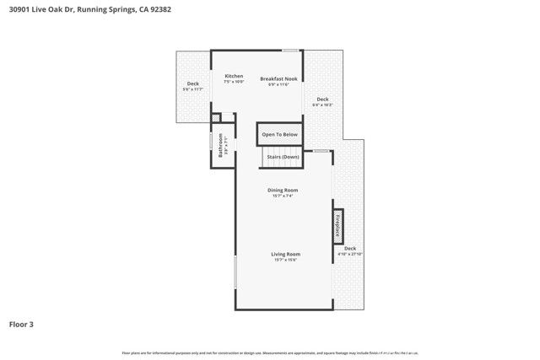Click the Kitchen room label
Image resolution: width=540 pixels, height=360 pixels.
click(x=234, y=77)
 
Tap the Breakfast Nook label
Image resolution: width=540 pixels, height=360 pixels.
click(x=278, y=78)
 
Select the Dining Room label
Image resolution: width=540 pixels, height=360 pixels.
click(x=283, y=190)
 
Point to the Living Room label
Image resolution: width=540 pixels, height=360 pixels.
click(x=285, y=254)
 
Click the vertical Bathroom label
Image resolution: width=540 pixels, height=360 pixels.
click(x=221, y=147)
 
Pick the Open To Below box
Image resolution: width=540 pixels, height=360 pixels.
click(x=279, y=134)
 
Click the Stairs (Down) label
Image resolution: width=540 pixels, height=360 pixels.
click(x=283, y=157)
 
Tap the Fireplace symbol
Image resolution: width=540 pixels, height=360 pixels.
click(x=337, y=225)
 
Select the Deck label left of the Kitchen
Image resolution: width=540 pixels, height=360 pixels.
click(x=193, y=83)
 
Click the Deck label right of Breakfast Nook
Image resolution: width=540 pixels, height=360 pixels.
click(x=322, y=99)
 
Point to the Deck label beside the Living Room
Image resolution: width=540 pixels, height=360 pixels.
click(x=349, y=249)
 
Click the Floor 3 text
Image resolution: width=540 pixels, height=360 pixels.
click(x=21, y=324)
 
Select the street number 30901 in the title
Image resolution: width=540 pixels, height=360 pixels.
click(x=20, y=9)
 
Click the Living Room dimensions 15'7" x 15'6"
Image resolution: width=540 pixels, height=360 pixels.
click(x=285, y=260)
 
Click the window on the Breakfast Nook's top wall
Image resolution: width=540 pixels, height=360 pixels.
click(x=291, y=51)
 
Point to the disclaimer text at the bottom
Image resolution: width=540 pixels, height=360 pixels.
click(x=270, y=352)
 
